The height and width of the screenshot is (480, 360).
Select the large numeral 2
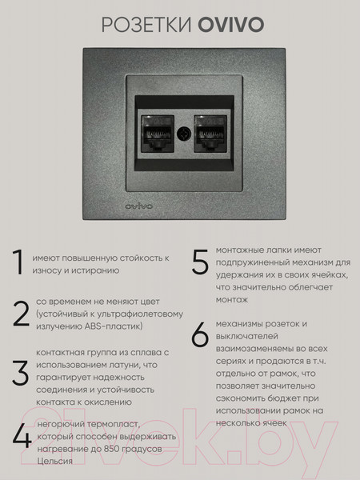coord(20,314)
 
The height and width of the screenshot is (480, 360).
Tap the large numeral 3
coord(20,374)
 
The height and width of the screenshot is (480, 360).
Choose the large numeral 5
coord(200,262)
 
